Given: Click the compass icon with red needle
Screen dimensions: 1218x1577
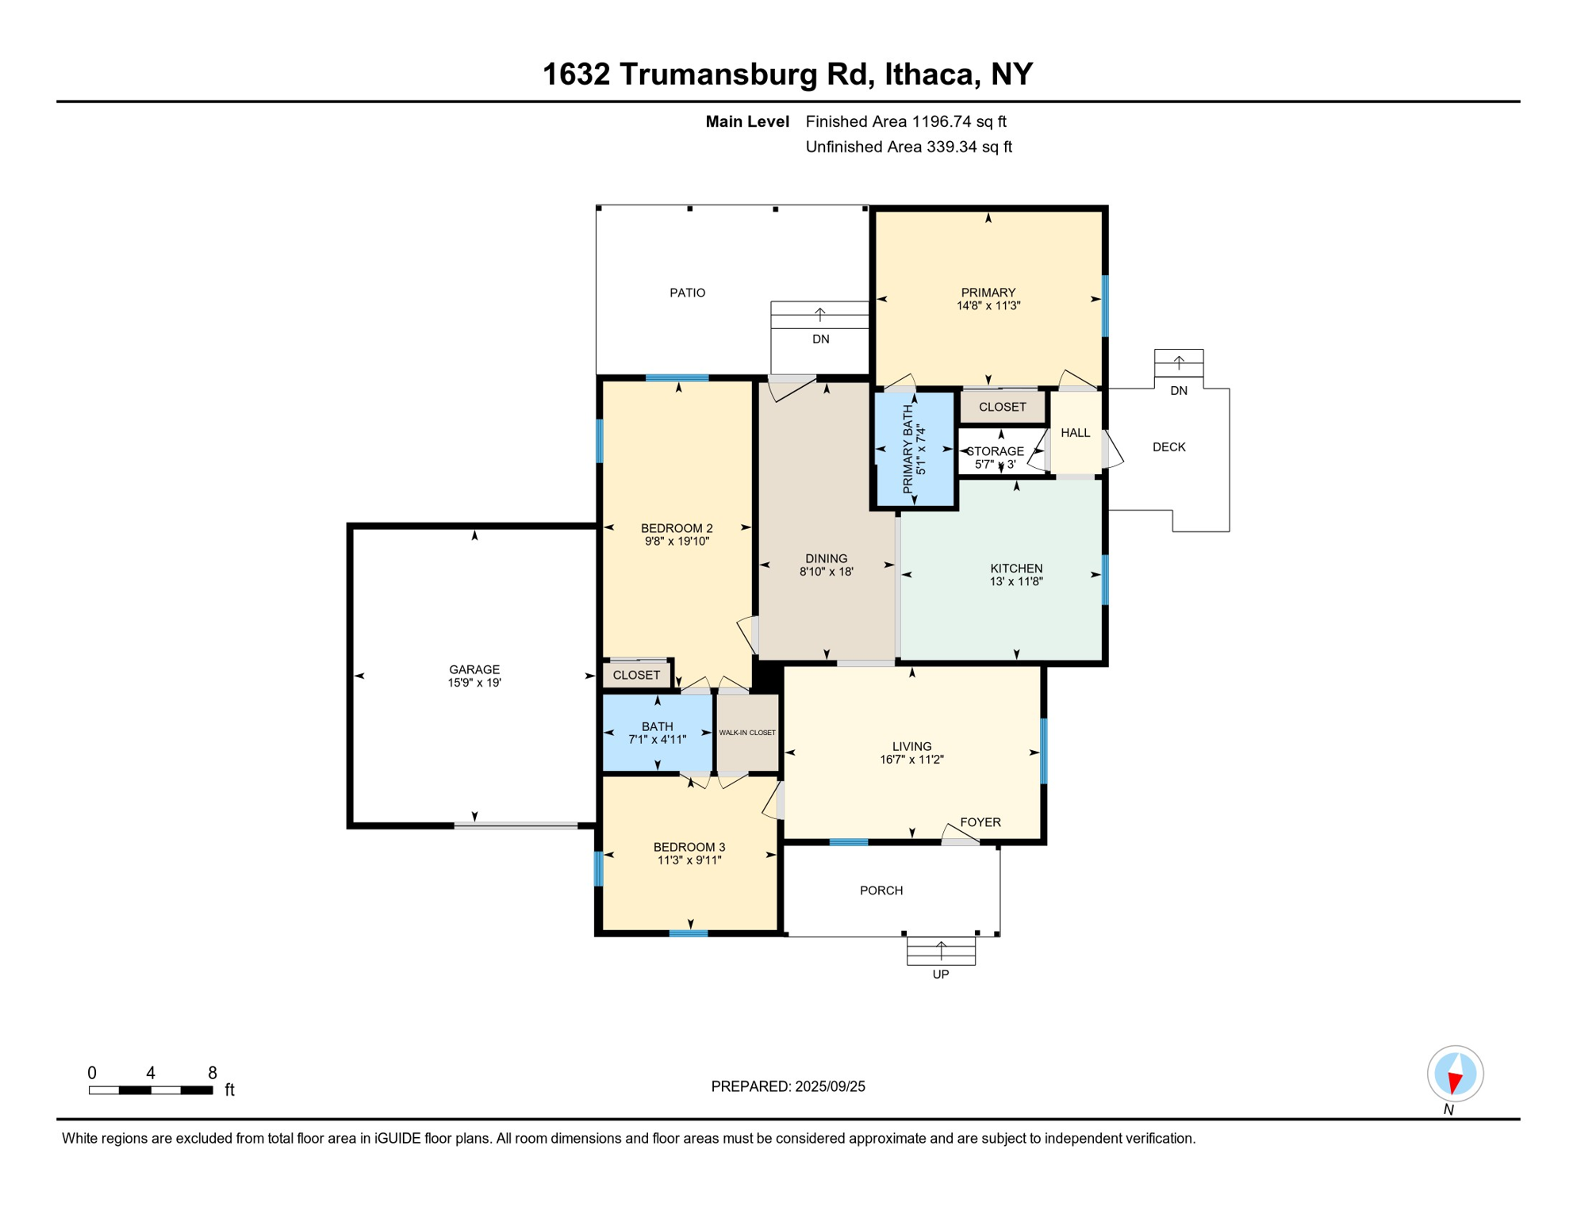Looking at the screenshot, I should pos(1455,1074).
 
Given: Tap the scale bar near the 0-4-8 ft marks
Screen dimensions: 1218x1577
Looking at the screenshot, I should pos(151,1090).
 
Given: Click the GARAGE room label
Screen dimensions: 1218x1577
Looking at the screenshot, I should pos(474,669).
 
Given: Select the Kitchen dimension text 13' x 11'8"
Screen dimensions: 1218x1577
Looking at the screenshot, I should pos(1016,581).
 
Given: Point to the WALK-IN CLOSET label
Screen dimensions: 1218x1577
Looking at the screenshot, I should pos(747,733).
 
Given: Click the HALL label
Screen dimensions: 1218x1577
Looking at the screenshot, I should pos(1075,433).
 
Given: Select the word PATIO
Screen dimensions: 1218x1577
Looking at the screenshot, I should pos(687,293).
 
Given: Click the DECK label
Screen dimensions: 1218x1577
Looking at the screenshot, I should pos(1168,447).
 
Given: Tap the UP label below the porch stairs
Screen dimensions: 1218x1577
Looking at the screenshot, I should pos(940,975).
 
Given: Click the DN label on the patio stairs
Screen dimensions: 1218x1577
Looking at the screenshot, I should pos(820,339).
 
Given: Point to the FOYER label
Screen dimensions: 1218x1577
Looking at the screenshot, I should pos(980,822).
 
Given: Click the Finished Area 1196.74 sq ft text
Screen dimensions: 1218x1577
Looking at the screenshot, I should pos(905,121).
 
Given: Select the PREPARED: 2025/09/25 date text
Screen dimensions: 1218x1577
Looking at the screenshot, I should pos(788,1086).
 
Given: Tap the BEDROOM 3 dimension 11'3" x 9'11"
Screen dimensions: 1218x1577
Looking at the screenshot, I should pos(689,860).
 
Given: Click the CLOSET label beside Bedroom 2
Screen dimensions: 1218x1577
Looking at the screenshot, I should pos(636,675).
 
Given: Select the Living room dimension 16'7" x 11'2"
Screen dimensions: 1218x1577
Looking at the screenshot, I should pos(911,760).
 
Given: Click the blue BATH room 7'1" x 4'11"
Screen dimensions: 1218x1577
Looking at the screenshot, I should pos(658,733).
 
